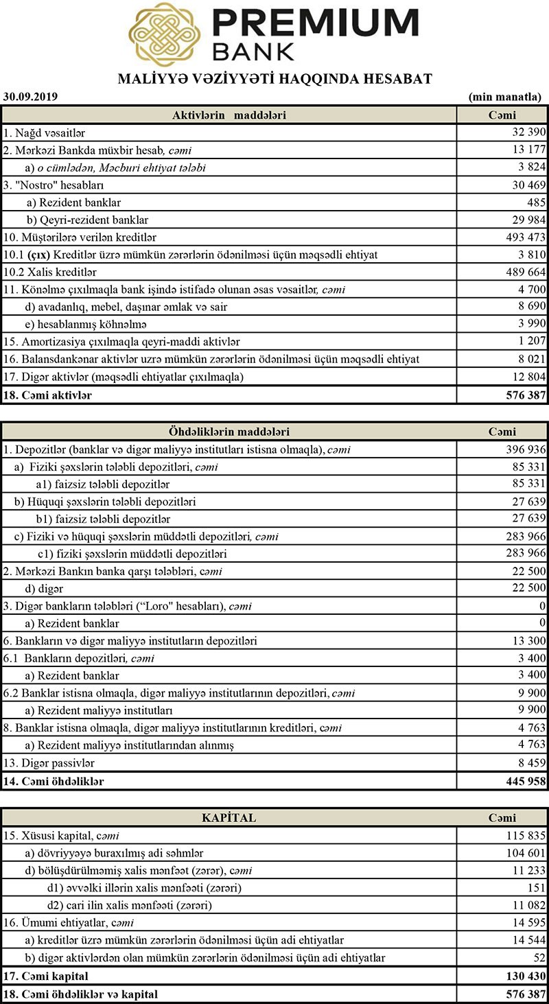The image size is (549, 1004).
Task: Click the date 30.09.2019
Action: coord(30,97)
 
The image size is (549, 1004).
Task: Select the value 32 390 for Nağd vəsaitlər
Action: coord(528,132)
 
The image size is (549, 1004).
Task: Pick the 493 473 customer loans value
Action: coord(525,237)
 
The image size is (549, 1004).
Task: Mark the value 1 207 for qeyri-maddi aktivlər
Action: coord(530,341)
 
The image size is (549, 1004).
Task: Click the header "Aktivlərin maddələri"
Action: coord(229,115)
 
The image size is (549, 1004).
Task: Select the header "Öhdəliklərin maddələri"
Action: coord(229,432)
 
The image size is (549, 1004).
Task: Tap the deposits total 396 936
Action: coord(525,450)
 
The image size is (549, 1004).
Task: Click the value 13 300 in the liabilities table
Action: coord(528,641)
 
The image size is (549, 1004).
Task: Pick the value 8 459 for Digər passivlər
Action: coord(530,762)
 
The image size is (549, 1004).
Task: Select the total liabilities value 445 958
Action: coord(524,781)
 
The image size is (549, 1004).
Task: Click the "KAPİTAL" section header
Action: coord(229,818)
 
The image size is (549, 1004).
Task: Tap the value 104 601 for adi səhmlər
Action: coord(525,853)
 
